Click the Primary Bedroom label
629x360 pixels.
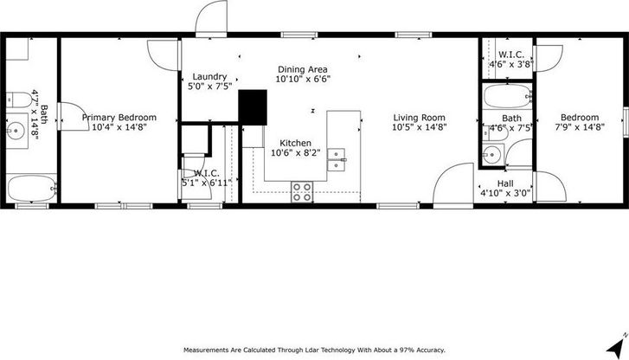pos(119,118)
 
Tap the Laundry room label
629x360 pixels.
pos(209,77)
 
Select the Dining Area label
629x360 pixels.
pos(303,69)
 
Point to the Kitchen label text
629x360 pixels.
pos(295,143)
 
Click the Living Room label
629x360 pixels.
pos(420,118)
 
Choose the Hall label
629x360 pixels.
pos(505,183)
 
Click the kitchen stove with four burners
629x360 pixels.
pos(302,192)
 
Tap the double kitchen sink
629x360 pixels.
pos(337,160)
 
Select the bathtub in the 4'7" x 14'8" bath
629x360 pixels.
pos(31,189)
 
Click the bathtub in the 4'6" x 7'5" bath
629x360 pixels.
pos(508,96)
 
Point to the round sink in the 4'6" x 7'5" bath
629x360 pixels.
pos(491,155)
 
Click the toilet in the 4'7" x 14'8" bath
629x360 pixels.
pos(18,100)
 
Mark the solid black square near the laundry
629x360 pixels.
pos(253,107)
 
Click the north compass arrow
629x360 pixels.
pos(617,346)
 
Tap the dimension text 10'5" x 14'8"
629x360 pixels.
pos(420,127)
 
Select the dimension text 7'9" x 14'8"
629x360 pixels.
pos(580,127)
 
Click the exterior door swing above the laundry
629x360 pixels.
pos(211,16)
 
